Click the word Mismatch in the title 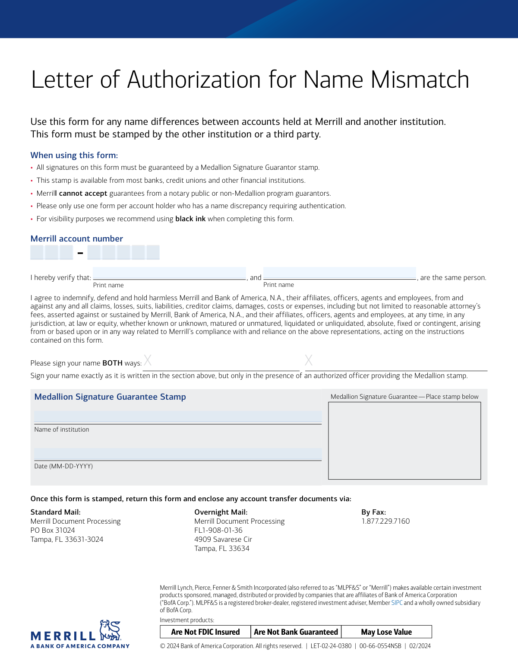tap(420, 80)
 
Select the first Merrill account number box tap(37, 252)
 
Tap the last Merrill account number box tap(153, 252)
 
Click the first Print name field tap(169, 273)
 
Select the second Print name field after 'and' tap(339, 273)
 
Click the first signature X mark tap(148, 360)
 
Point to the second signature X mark tap(309, 360)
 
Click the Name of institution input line tap(178, 417)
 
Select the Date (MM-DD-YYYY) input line tap(178, 454)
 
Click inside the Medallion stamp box tap(404, 441)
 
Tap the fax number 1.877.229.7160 tap(385, 521)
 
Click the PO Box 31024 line tap(53, 530)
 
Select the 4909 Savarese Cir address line tap(223, 539)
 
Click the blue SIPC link tap(397, 603)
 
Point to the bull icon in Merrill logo tap(110, 630)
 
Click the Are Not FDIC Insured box tap(205, 632)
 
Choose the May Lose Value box tap(386, 632)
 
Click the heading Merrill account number tap(77, 239)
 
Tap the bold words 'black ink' tap(190, 219)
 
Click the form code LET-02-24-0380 tap(331, 646)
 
